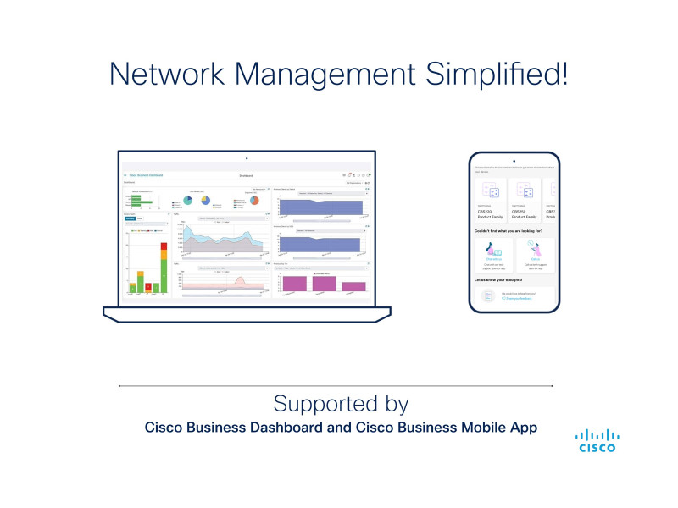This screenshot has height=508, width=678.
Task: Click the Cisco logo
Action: (597, 439)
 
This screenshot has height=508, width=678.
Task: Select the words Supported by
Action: (341, 401)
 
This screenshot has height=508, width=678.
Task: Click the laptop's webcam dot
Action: (247, 158)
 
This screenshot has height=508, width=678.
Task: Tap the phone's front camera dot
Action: (514, 160)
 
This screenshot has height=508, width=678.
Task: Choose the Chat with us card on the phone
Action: (492, 255)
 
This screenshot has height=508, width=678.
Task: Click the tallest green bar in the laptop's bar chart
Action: (164, 274)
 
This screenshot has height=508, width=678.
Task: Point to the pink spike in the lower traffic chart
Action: (240, 280)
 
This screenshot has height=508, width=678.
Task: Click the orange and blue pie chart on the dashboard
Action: (205, 200)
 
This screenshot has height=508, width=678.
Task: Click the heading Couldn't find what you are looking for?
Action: (510, 230)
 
